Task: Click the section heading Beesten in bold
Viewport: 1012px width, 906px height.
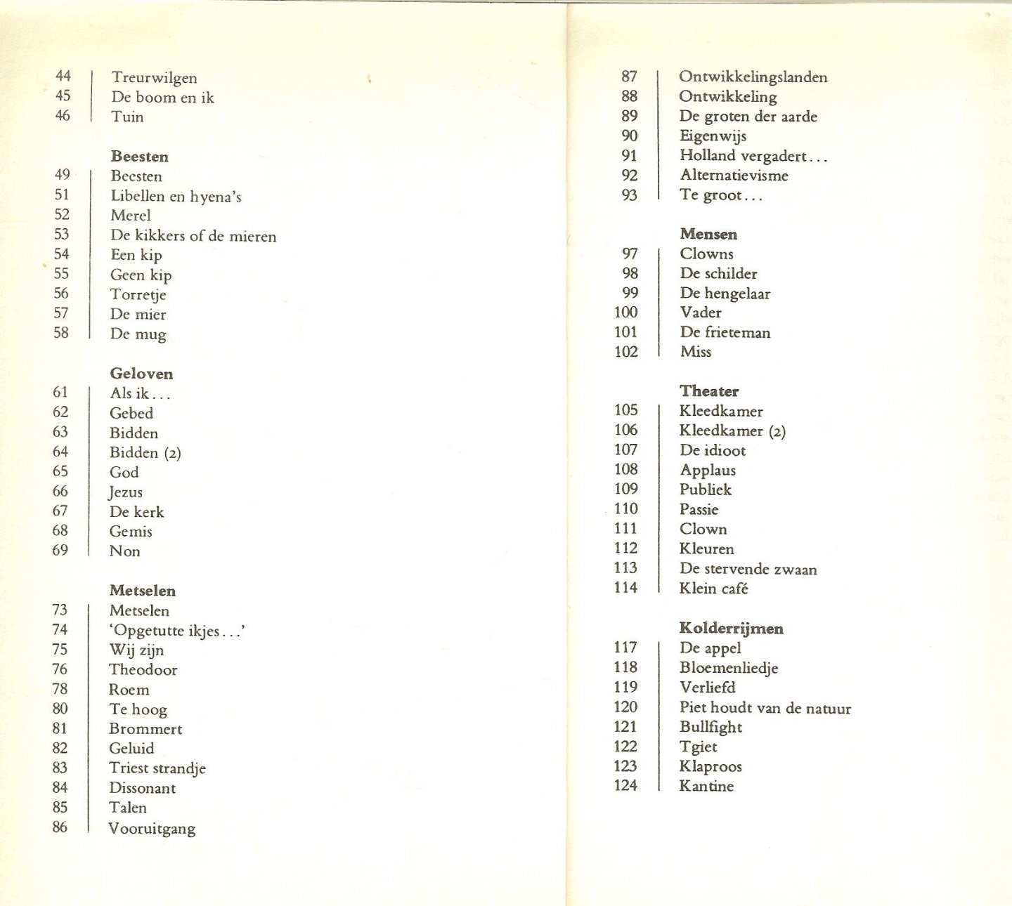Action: pos(139,157)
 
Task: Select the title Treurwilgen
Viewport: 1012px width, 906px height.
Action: pos(154,78)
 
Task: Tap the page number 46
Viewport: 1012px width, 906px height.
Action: pos(63,116)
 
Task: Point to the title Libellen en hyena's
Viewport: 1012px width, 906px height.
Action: pos(176,197)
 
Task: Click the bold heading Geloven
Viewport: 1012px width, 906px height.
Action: pos(141,374)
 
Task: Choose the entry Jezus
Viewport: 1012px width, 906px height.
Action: pos(126,492)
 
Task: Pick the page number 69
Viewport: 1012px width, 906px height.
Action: pos(60,551)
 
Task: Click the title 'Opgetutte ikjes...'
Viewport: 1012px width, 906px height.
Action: pos(177,631)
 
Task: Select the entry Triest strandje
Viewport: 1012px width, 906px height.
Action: pos(157,768)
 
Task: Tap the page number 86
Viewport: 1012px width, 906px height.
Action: pos(60,827)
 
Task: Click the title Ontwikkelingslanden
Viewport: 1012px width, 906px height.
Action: pos(753,77)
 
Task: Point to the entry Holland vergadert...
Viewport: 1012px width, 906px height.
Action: pos(753,156)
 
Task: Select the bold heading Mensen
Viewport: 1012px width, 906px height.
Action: pos(708,235)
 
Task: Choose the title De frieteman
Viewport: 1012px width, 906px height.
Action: pos(725,333)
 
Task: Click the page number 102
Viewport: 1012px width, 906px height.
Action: pos(626,352)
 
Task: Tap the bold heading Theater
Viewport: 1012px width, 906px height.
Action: pos(709,391)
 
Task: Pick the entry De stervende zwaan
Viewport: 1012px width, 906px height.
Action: pos(748,570)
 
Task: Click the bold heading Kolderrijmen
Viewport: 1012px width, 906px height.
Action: pos(731,629)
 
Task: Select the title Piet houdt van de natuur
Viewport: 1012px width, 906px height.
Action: pos(765,708)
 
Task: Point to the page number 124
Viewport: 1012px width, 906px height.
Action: pos(625,786)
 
